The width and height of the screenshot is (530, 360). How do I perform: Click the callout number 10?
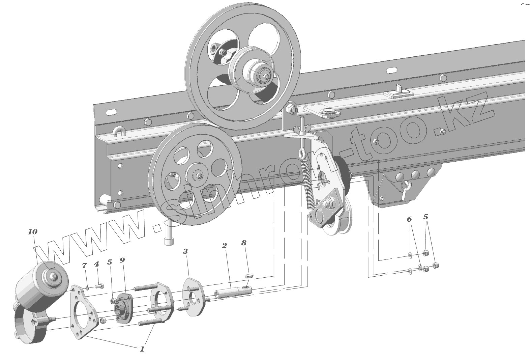pyautogui.click(x=33, y=231)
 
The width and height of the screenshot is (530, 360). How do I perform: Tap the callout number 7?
pyautogui.click(x=84, y=266)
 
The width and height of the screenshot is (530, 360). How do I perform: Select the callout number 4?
pyautogui.click(x=96, y=264)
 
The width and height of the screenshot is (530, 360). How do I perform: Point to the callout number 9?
pyautogui.click(x=122, y=260)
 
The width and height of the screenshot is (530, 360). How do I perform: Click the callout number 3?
pyautogui.click(x=185, y=251)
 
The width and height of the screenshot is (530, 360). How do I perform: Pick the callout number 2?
pyautogui.click(x=224, y=245)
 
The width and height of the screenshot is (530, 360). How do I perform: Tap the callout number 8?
pyautogui.click(x=244, y=243)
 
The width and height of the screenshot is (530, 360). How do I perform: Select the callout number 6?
pyautogui.click(x=409, y=219)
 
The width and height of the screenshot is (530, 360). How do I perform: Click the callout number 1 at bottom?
pyautogui.click(x=142, y=349)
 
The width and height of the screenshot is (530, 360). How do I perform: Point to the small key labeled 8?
pyautogui.click(x=249, y=275)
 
